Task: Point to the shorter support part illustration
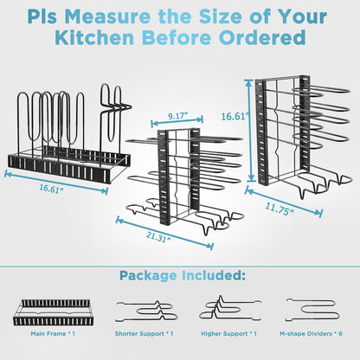click(145, 309)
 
